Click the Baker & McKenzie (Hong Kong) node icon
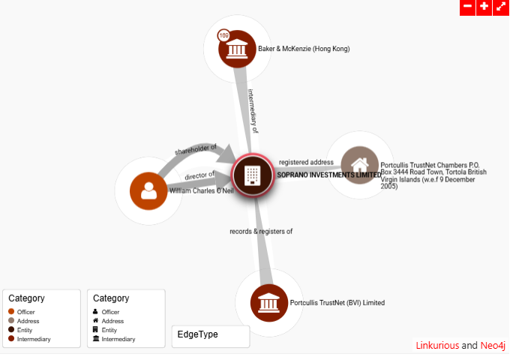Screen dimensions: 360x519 238,49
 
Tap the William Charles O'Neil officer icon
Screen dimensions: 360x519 148,190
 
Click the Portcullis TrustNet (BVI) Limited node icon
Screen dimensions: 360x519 269,303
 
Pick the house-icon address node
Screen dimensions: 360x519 360,165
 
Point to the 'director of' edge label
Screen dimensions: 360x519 199,175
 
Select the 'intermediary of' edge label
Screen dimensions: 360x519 253,112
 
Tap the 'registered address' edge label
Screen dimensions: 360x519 306,162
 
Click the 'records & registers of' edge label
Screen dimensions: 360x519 261,231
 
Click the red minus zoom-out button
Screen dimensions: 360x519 467,7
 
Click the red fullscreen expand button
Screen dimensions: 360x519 501,7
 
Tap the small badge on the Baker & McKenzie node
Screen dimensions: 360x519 223,35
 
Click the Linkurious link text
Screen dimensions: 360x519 437,346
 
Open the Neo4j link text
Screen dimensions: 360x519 493,346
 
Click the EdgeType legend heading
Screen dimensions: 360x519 197,334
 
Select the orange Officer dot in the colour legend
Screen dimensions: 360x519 11,312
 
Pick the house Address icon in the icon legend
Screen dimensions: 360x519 95,321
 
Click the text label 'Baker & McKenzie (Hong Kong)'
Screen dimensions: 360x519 304,49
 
